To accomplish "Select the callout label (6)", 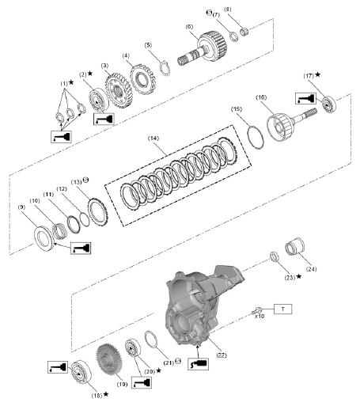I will click(190, 26).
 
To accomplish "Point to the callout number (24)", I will click(309, 268).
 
